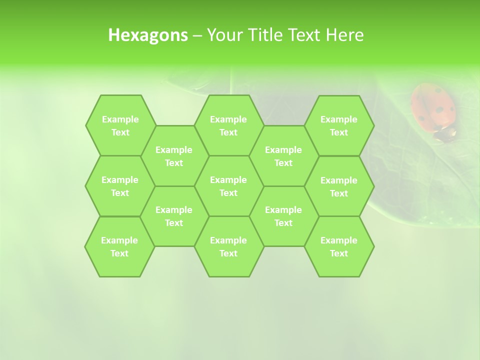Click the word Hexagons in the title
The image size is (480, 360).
148,35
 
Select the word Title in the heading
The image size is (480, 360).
267,35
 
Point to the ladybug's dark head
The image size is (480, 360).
444,133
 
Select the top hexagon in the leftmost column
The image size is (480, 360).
120,125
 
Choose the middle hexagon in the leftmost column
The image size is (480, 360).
120,186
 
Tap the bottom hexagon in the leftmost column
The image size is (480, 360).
119,246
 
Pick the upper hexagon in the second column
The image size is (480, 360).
174,156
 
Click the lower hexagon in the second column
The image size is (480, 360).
174,216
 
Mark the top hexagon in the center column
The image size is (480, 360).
228,125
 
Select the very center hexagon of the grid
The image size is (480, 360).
228,186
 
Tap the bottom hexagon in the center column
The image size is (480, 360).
228,246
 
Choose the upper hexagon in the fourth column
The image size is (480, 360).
283,156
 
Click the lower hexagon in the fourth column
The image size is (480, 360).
283,216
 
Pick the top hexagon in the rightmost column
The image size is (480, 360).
339,125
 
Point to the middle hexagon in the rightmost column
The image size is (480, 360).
339,186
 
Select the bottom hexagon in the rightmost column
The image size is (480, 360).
339,246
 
